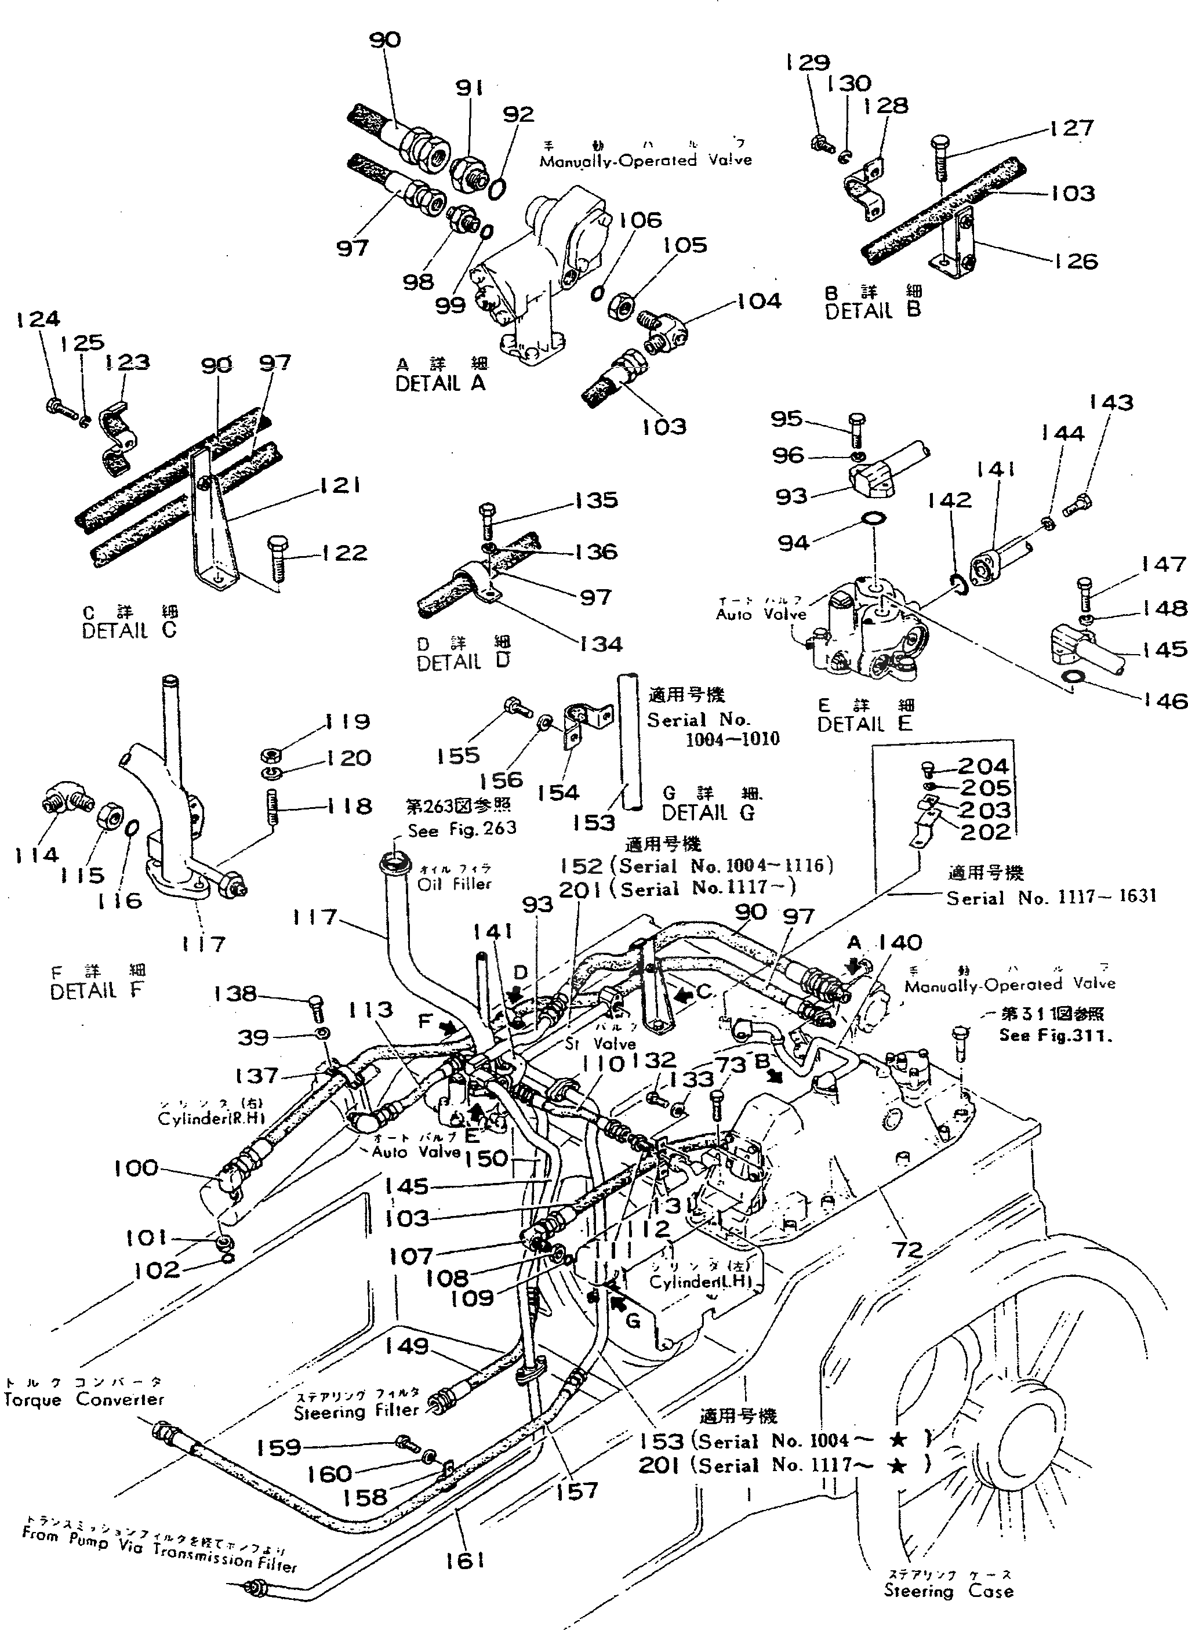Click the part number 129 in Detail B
coord(808,63)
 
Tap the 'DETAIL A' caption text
coord(440,383)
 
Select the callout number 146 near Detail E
coord(1165,700)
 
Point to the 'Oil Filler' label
coord(455,884)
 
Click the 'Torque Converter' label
coord(83,1399)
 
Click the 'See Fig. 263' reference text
coord(462,830)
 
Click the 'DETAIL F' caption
coord(97,991)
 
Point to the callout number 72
coord(907,1249)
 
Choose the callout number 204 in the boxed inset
coord(983,767)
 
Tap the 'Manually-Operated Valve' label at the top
coord(645,161)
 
